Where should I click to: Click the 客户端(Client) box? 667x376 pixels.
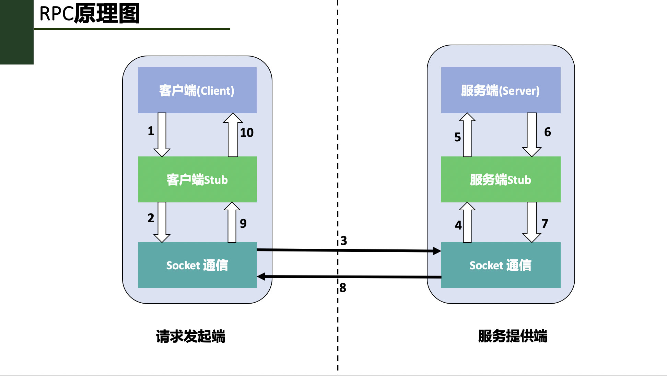point(197,90)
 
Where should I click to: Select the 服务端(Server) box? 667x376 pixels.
point(501,90)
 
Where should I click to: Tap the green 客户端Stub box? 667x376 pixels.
point(197,179)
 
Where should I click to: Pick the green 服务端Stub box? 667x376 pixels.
point(501,179)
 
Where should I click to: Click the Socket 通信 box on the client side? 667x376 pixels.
point(197,265)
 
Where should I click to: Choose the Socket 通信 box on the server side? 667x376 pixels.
point(501,265)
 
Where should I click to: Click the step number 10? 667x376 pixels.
point(247,133)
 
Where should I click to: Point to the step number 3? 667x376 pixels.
point(344,241)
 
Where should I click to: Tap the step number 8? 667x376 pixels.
point(343,288)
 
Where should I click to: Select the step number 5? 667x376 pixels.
point(458,137)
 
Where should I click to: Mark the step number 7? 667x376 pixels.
point(545,224)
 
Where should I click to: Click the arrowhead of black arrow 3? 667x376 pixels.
point(437,251)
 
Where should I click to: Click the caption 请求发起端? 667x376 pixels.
point(190,336)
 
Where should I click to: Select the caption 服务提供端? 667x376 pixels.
point(513,336)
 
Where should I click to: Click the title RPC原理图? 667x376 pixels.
point(90,14)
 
